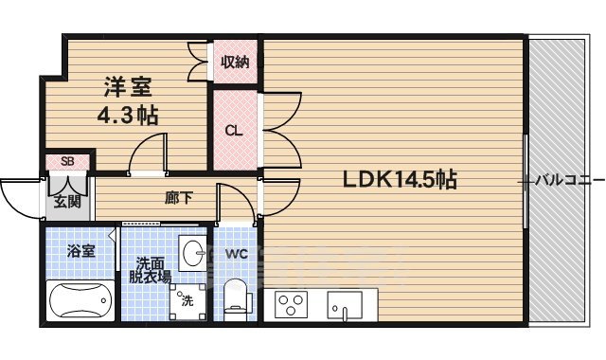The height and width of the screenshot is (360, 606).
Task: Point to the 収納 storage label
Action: (235, 63)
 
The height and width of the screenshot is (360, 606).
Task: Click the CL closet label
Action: (232, 130)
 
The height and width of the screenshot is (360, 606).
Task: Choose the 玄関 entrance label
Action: (66, 201)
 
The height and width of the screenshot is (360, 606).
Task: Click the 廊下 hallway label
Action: (178, 199)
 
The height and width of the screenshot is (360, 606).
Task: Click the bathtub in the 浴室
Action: (80, 303)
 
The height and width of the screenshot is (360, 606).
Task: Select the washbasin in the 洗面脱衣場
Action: (193, 253)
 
